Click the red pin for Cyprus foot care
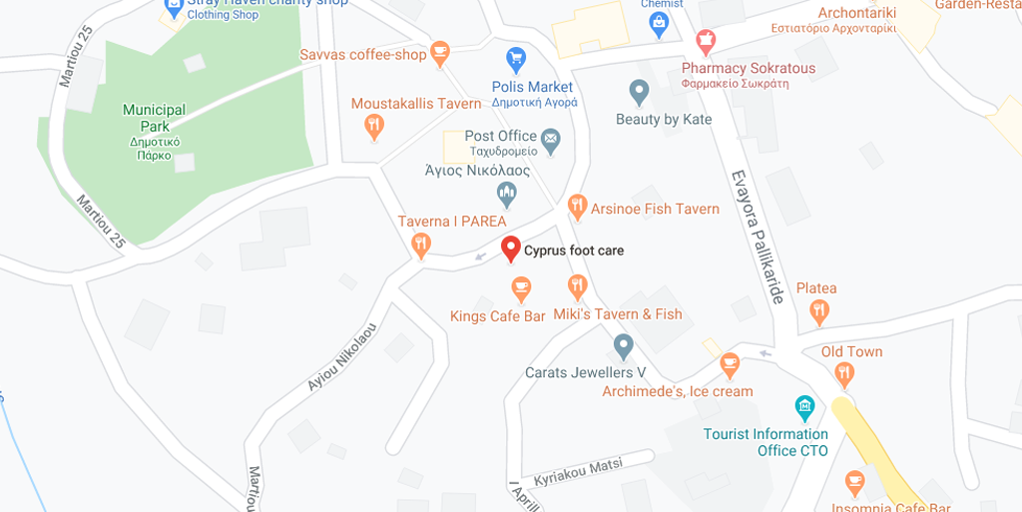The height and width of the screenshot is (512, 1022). (x=511, y=249)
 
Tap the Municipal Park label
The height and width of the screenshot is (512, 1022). (x=154, y=118)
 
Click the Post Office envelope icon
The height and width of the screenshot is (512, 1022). (x=551, y=136)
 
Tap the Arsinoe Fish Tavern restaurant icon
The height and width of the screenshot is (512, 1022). (x=576, y=207)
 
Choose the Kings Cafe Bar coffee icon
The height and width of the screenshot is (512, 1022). (x=520, y=289)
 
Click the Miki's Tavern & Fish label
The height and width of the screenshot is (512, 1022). (x=618, y=314)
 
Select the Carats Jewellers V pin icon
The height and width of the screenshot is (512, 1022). (x=624, y=346)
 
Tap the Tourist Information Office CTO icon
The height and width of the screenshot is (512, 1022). (x=804, y=407)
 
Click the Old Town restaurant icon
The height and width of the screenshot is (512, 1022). (x=844, y=374)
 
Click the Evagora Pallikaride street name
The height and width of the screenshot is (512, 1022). (x=759, y=236)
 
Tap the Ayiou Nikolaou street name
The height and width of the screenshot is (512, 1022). (x=342, y=356)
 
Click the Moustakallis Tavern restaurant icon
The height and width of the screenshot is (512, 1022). (x=373, y=126)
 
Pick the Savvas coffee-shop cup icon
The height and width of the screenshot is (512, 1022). (x=440, y=51)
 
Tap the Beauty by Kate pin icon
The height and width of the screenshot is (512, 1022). (x=639, y=93)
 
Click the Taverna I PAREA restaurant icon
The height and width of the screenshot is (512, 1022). (x=421, y=243)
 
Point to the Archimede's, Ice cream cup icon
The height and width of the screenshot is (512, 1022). (x=730, y=364)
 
